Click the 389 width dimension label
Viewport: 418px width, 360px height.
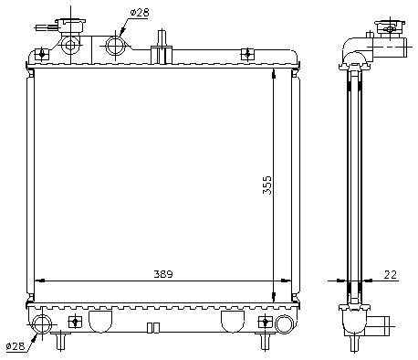[x=163, y=274]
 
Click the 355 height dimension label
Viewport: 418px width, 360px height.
[x=267, y=185]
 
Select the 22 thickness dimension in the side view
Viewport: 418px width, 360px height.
[x=390, y=274]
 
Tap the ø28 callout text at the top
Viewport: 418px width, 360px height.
[x=140, y=13]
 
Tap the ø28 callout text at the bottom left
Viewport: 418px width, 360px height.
[x=16, y=346]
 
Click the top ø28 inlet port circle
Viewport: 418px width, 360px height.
[x=115, y=46]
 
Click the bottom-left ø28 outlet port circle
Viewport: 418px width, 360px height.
[x=42, y=324]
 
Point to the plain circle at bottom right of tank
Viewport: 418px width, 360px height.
[x=284, y=324]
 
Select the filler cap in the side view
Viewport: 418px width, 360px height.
[x=391, y=28]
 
